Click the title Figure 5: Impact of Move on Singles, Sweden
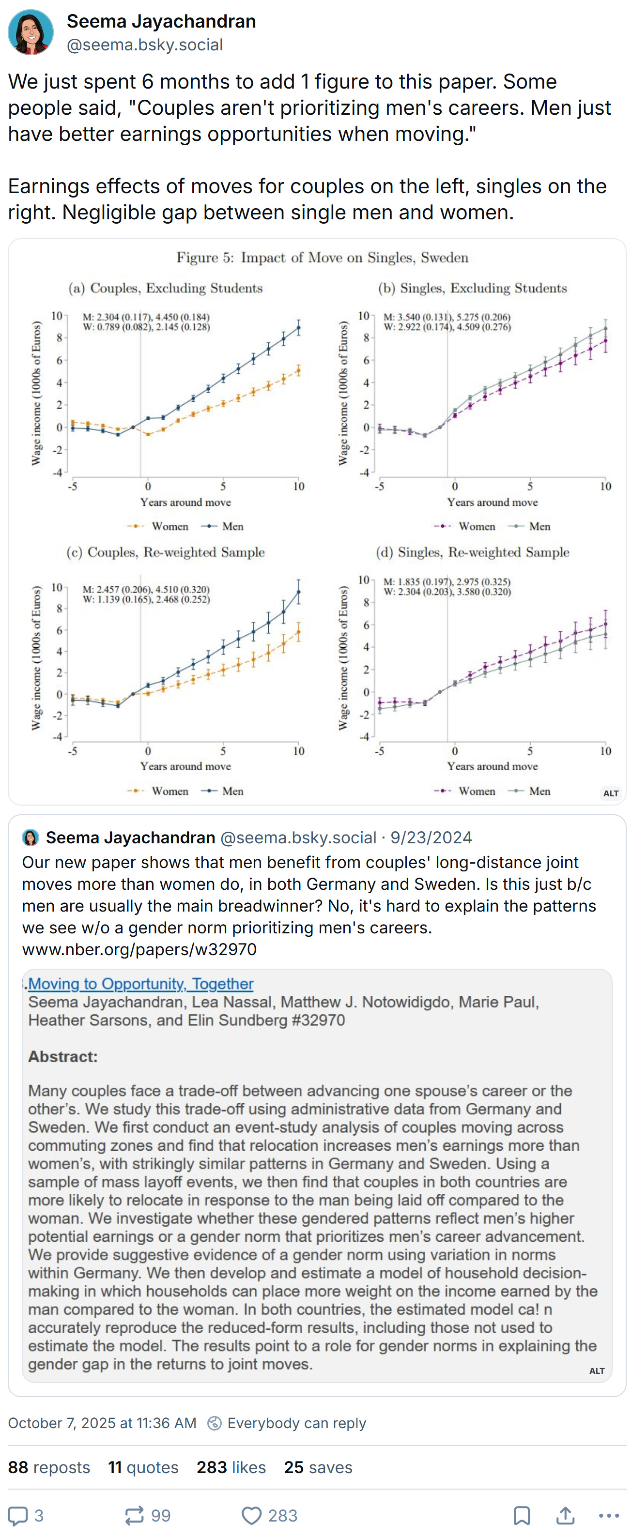point(322,258)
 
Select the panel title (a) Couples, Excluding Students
point(166,289)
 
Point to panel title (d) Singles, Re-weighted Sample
point(473,552)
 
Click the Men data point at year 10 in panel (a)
point(299,327)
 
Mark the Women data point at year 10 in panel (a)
point(299,371)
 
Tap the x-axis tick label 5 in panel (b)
point(530,486)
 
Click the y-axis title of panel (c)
point(36,658)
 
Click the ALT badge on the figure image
point(611,793)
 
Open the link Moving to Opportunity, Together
point(140,983)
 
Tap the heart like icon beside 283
point(251,1515)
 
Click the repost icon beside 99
point(134,1515)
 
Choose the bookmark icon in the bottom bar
point(522,1515)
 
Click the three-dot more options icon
point(609,1515)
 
